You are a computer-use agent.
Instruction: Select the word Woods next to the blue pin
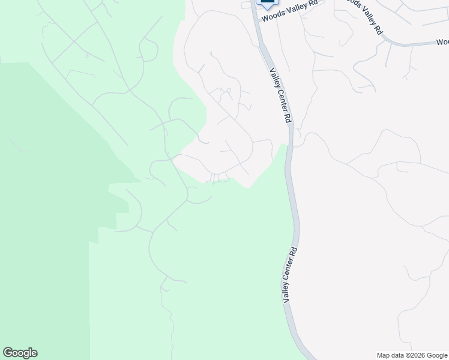coord(272,16)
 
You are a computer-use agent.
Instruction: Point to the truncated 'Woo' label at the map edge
coord(442,42)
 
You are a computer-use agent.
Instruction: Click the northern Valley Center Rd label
coord(280,95)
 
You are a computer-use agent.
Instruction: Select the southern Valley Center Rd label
coord(290,274)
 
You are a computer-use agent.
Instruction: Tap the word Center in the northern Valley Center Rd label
coord(280,98)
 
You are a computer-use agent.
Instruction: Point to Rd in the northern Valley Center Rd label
coord(288,118)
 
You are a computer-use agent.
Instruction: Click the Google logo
coord(20,353)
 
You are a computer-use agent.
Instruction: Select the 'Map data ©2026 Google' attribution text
coord(412,356)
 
